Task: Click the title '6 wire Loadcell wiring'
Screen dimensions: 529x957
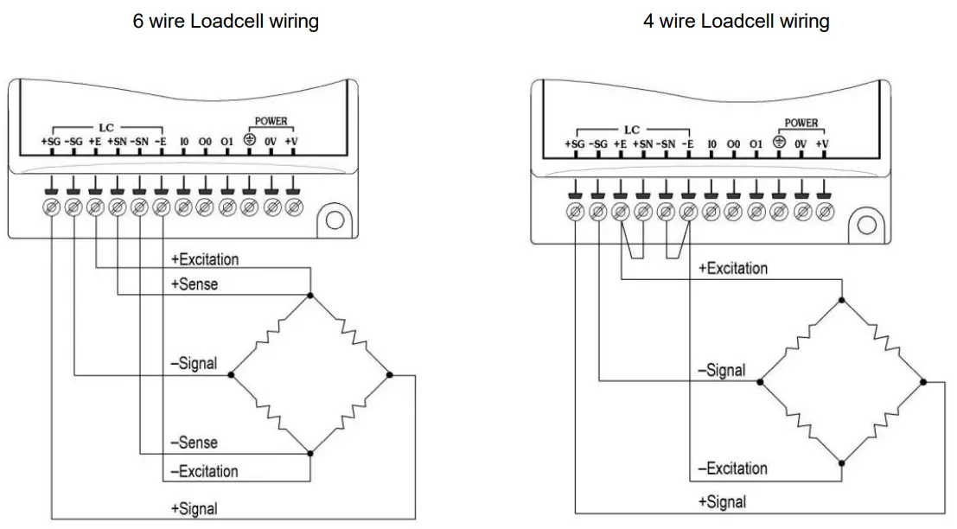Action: click(226, 22)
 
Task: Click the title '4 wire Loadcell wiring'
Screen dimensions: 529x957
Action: click(736, 22)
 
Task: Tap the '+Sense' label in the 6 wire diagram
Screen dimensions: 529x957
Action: click(194, 284)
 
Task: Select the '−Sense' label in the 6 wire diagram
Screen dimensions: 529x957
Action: click(194, 443)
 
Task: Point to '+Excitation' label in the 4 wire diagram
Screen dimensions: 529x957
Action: click(732, 268)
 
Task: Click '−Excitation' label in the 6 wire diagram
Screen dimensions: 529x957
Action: click(204, 471)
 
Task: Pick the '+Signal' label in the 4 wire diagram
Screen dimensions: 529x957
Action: click(722, 501)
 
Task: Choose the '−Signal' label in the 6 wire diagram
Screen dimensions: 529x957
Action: click(194, 363)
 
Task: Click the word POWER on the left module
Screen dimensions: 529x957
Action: click(271, 122)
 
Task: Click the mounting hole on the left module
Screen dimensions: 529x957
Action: click(334, 220)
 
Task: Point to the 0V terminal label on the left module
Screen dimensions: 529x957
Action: click(271, 141)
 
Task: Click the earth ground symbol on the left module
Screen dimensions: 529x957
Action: click(250, 140)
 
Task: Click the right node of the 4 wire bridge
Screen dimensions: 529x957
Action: click(923, 380)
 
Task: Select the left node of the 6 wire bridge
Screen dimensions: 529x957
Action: click(231, 375)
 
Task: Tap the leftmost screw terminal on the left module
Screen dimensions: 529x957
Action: click(51, 207)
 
